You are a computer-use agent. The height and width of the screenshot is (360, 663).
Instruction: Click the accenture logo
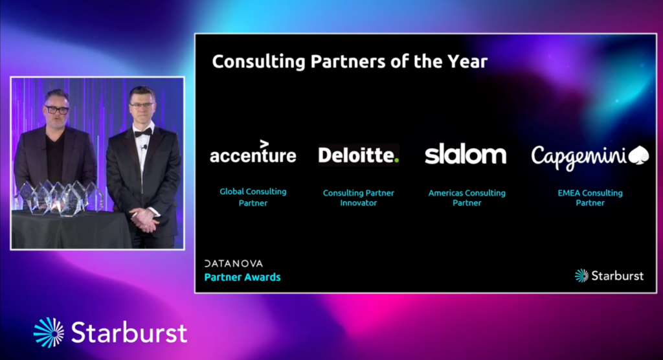point(253,152)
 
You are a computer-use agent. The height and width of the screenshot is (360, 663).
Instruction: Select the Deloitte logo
point(359,155)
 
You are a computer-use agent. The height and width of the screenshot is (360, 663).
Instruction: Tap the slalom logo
point(466,153)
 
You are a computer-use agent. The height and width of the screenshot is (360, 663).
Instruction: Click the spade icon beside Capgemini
point(638,155)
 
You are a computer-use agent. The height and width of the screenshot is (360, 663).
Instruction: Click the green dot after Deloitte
point(396,161)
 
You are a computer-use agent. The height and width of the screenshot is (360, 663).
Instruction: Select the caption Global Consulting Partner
point(253,197)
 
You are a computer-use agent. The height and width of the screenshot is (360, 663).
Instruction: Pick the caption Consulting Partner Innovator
point(359,197)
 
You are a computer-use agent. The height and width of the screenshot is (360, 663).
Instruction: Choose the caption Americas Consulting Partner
point(467,197)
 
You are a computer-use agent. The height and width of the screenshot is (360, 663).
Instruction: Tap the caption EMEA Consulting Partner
point(590,197)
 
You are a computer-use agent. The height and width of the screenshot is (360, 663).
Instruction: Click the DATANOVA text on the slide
point(233,264)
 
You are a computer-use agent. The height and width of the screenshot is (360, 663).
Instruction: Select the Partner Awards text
point(242,277)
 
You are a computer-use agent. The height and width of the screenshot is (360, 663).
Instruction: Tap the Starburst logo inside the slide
point(609,276)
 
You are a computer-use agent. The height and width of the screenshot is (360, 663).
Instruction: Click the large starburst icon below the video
point(49,333)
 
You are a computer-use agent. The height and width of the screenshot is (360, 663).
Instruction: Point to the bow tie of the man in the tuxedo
point(143,132)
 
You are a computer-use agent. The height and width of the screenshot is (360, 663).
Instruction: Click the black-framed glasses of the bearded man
point(57,110)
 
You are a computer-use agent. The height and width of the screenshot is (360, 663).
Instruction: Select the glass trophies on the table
point(59,197)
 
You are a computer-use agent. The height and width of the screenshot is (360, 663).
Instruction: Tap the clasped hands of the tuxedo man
point(144,219)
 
